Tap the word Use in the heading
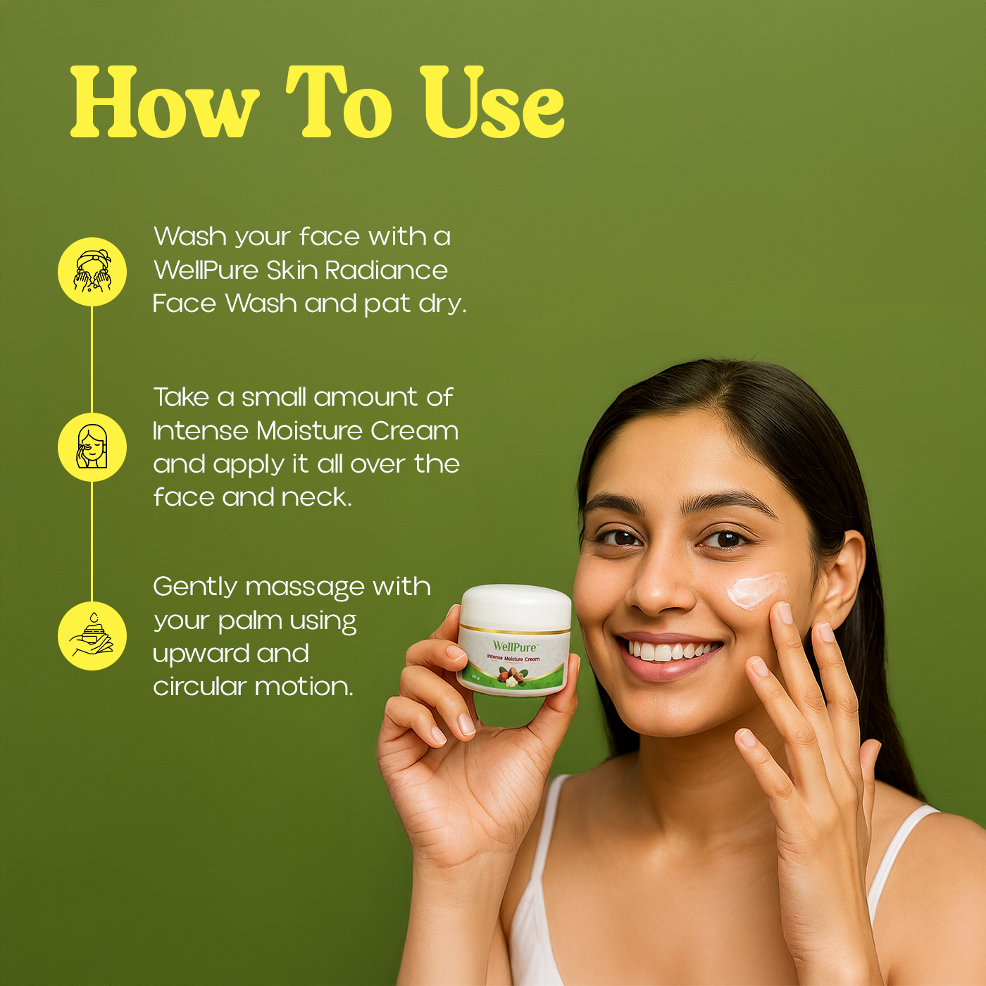coord(492,104)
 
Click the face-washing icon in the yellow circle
coord(92,272)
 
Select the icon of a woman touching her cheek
coord(92,447)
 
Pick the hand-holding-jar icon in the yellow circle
coord(92,636)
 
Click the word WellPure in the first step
coord(206,270)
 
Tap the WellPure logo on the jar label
coord(515,647)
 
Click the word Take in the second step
coord(181,397)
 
